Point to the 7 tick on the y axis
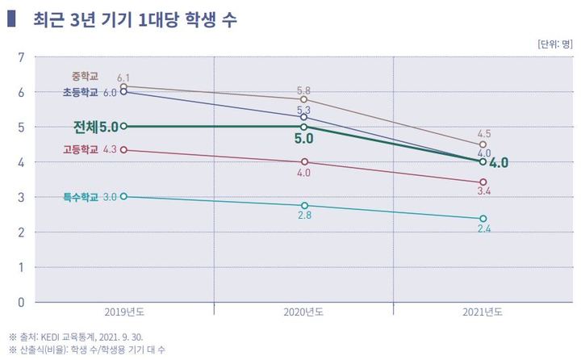[x=21, y=57]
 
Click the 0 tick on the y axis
[x=21, y=302]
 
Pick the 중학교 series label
[x=84, y=77]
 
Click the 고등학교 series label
[x=80, y=149]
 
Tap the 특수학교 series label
[x=80, y=196]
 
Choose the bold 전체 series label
[x=85, y=127]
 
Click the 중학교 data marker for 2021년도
[x=483, y=145]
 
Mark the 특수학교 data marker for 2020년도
[x=303, y=206]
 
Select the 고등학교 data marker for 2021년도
[x=483, y=182]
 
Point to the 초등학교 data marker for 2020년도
[x=303, y=117]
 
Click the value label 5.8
[x=303, y=90]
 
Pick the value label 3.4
[x=483, y=192]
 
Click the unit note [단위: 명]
[x=553, y=44]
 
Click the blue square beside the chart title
[x=10, y=17]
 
